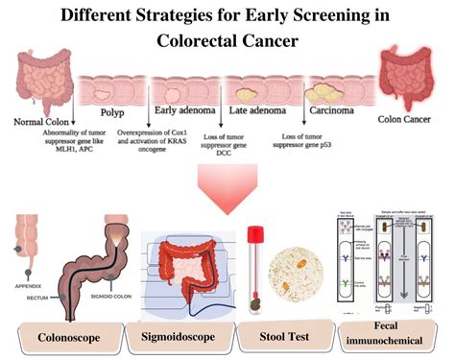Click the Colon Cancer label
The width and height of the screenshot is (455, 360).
point(409,120)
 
